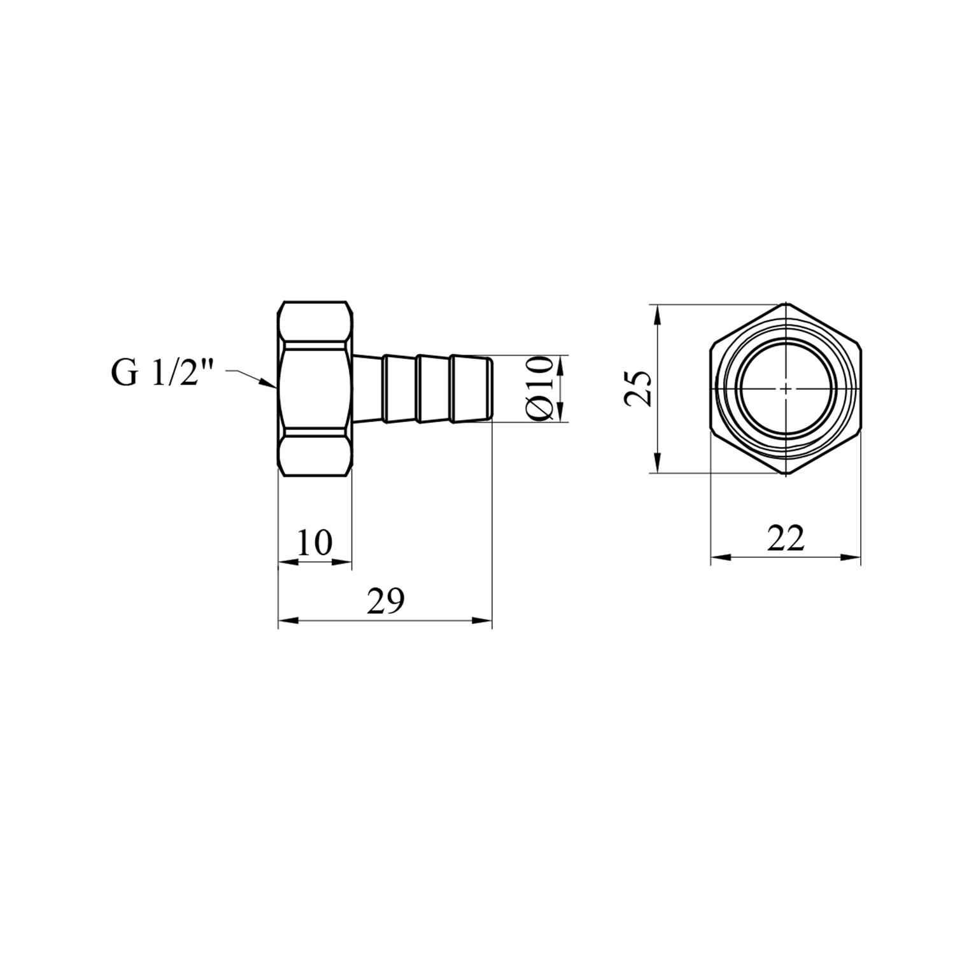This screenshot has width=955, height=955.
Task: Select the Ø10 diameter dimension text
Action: tap(541, 388)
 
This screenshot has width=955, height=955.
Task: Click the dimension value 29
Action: tap(386, 601)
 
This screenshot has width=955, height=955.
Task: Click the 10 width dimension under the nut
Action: tap(315, 542)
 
